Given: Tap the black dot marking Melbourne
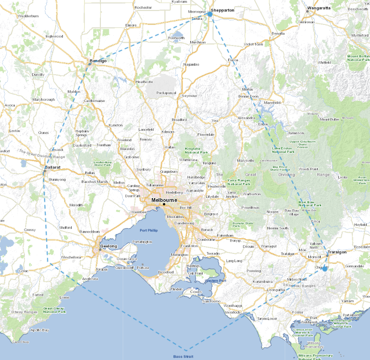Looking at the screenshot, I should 164,204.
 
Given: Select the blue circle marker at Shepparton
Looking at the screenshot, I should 210,14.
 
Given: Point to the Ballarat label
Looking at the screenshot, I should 53,167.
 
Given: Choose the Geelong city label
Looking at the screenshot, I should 108,246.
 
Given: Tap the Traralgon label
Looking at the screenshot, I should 336,252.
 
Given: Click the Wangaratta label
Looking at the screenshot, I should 319,8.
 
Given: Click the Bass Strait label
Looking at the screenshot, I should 184,356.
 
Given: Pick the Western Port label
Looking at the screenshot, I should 213,280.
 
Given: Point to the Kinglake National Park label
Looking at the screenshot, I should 196,150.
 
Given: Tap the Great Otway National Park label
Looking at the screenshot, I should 54,310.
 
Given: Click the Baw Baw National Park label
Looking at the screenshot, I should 310,203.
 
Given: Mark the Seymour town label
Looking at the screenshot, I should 189,96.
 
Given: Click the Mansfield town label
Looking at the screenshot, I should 272,102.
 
